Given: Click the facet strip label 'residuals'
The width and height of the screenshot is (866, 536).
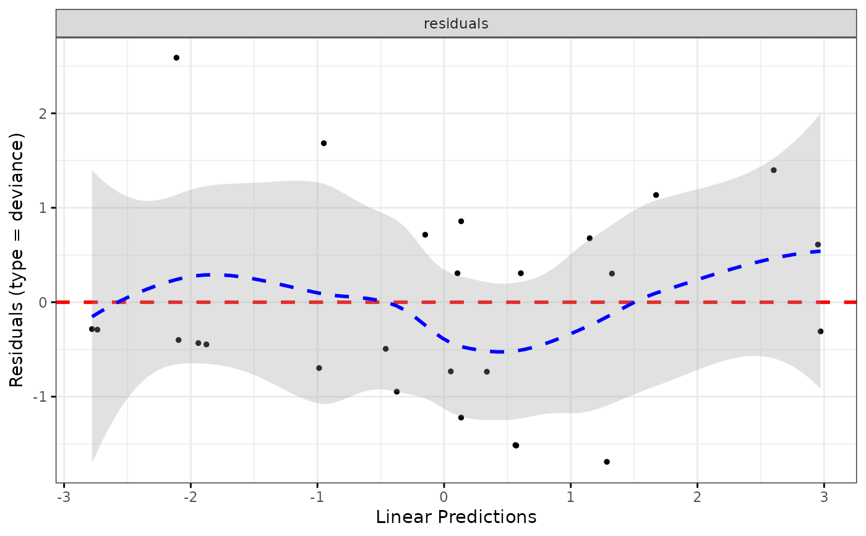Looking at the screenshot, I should (456, 24).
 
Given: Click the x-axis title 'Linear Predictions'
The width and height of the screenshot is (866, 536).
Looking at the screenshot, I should (456, 517).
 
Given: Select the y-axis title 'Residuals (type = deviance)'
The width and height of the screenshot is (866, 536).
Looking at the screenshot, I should (17, 260).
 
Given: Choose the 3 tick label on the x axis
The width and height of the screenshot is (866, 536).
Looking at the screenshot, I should (824, 497).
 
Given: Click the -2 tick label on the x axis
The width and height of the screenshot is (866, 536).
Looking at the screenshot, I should (190, 497).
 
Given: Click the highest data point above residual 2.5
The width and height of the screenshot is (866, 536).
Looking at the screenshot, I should (176, 58).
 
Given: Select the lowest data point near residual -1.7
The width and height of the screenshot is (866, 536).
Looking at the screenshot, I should (607, 462).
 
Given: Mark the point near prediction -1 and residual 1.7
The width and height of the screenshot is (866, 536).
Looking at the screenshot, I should (324, 143).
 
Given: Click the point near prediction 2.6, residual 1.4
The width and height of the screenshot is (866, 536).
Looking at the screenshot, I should (773, 170).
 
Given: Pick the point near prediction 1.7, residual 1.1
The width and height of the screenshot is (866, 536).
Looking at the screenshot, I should (656, 195).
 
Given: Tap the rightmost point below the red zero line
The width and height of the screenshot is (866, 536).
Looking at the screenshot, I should (820, 331).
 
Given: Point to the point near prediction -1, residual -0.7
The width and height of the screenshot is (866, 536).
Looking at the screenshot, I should (319, 368).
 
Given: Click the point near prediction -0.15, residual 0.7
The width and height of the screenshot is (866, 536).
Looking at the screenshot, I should (425, 235).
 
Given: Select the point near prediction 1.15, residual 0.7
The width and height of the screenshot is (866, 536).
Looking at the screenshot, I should (589, 238).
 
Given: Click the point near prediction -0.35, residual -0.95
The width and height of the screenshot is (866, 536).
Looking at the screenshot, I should (397, 392).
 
